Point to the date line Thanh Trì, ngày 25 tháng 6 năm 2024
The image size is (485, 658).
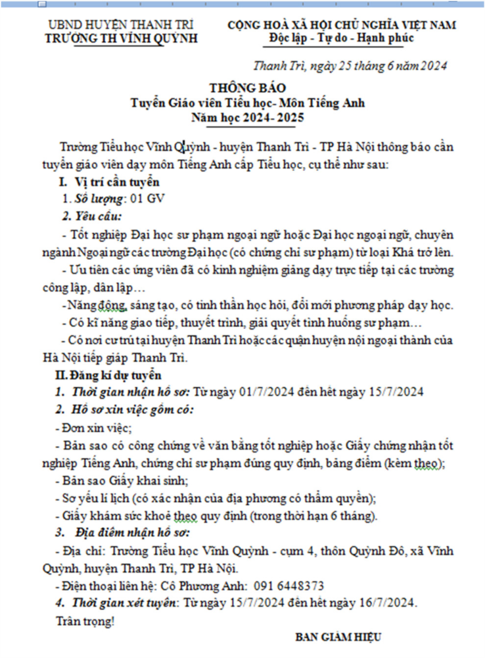[350, 66]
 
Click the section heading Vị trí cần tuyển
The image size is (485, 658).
[118, 182]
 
